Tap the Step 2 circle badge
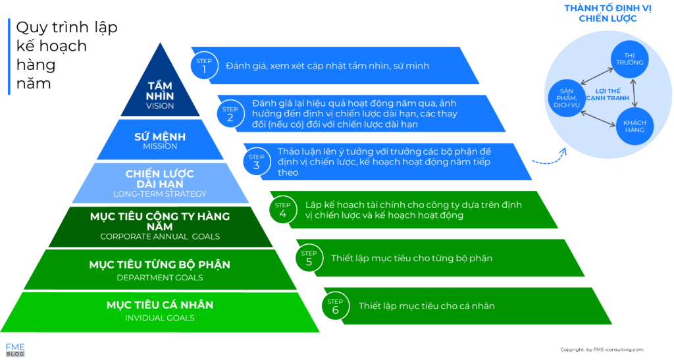click(x=230, y=113)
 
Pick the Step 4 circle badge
click(x=282, y=209)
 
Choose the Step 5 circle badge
click(x=308, y=257)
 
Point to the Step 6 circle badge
click(x=334, y=305)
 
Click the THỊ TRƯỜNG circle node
click(x=629, y=58)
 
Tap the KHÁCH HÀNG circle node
click(x=634, y=126)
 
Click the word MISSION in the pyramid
click(x=160, y=146)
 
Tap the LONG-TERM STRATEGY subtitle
click(x=160, y=193)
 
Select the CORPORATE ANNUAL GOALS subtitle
click(x=160, y=236)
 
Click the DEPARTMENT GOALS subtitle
click(x=160, y=277)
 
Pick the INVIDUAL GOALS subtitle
click(x=160, y=318)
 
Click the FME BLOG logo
click(x=15, y=349)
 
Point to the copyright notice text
click(x=602, y=349)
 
